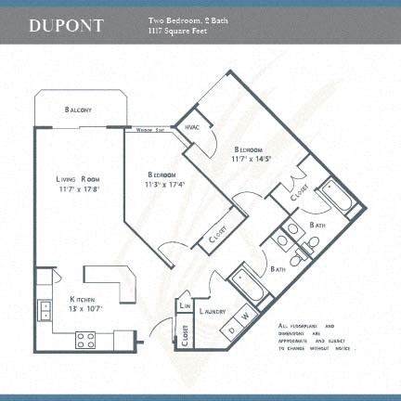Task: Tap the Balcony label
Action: coord(79,110)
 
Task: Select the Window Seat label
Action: coord(151,130)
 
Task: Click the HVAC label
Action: coord(193,127)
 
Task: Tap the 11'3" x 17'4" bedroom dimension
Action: coord(165,184)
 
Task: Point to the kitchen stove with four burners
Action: coord(85,340)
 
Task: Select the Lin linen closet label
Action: coord(186,304)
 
